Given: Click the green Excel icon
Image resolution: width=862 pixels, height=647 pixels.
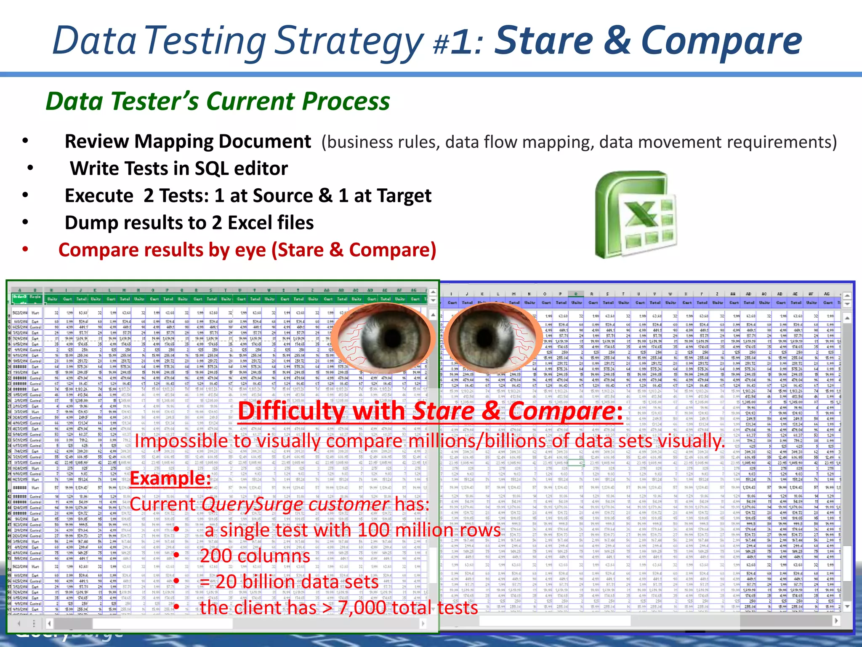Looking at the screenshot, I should pos(636,214).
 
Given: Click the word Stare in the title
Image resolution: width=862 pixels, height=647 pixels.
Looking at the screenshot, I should pos(543,41).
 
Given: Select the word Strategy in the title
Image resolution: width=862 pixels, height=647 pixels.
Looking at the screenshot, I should pos(349,42).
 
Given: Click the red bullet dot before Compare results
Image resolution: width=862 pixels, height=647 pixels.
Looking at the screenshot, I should pos(26,249).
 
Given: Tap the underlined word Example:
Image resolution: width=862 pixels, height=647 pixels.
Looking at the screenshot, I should pos(170,479).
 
